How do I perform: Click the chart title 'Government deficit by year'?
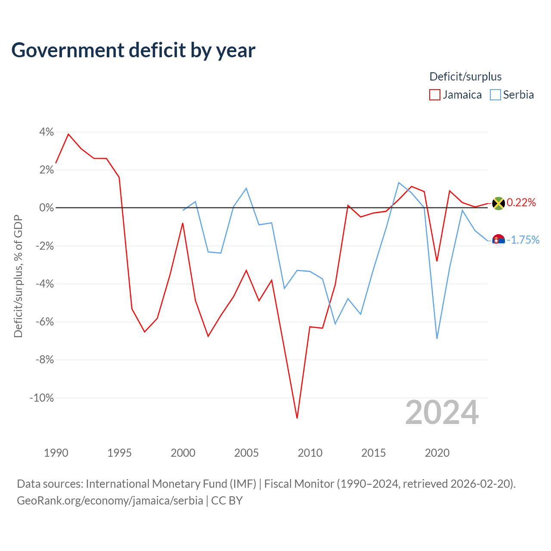click(x=133, y=51)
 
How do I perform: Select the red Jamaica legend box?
click(x=434, y=95)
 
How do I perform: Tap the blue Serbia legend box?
click(x=495, y=95)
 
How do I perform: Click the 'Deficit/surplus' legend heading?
click(x=465, y=77)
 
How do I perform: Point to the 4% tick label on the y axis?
click(x=46, y=132)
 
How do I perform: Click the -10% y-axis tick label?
click(x=42, y=398)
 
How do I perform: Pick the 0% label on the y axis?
click(x=46, y=208)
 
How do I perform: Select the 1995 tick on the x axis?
click(x=119, y=453)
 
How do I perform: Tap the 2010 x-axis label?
click(x=310, y=453)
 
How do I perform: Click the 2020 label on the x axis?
click(x=437, y=453)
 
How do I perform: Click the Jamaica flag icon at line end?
click(x=498, y=204)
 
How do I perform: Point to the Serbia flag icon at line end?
click(x=498, y=241)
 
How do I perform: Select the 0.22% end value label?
click(x=521, y=202)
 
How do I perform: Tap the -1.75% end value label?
click(x=523, y=240)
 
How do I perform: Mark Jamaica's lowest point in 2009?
click(x=297, y=418)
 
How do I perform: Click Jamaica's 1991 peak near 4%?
click(x=68, y=134)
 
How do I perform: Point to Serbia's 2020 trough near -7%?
click(x=437, y=338)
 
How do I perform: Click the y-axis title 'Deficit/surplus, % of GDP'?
click(x=18, y=276)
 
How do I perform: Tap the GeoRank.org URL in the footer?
click(x=110, y=501)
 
